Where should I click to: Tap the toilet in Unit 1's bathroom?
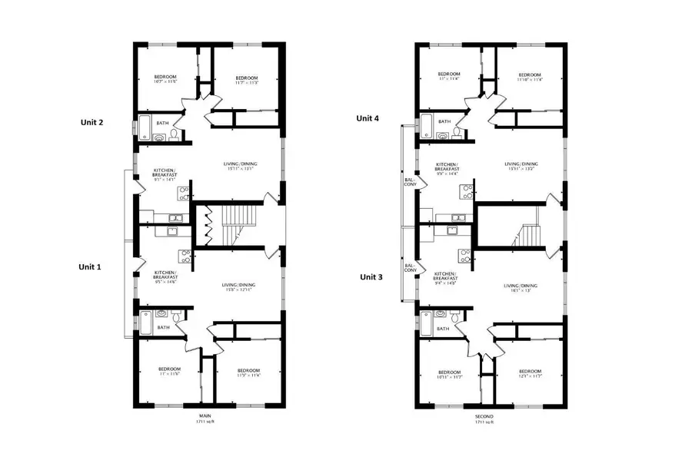point(176,315)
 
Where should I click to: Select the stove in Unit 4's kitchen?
point(466,194)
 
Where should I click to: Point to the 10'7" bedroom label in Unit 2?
point(165,79)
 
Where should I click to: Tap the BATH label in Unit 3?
point(443,329)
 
